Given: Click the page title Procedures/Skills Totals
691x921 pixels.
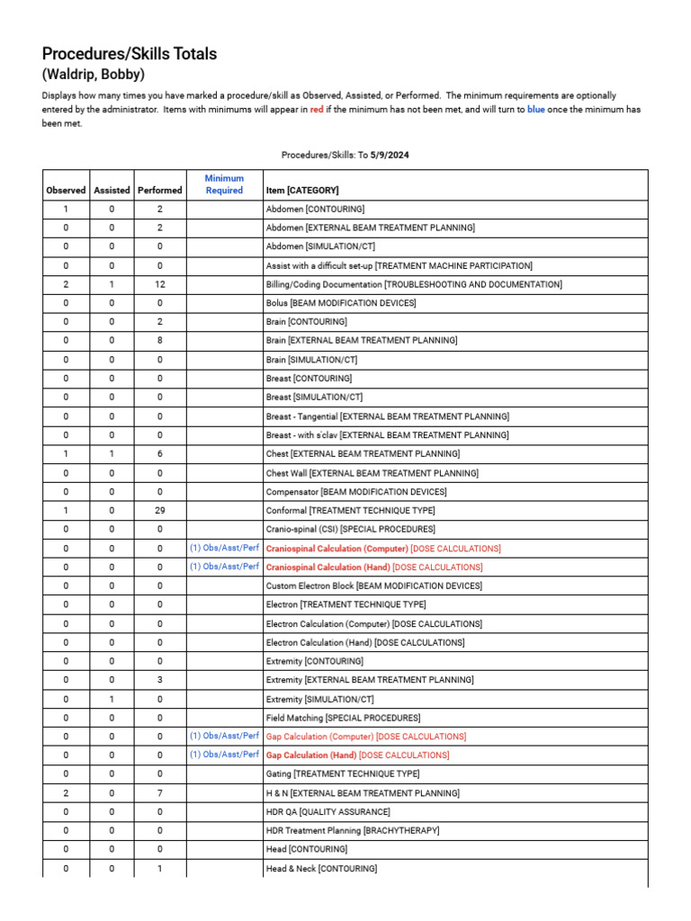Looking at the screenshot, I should pos(130,54).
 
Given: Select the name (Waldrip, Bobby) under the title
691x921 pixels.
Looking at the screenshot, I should pos(94,75).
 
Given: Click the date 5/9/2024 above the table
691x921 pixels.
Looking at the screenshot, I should pos(389,155).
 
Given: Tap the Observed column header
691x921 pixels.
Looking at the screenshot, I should pos(66,190).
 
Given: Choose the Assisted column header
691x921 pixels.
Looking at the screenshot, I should pos(112,190).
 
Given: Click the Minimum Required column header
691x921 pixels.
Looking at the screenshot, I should pos(224,184).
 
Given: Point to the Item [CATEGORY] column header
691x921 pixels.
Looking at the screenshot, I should pos(302,190).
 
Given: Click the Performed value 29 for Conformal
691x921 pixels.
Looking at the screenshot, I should pos(159,510).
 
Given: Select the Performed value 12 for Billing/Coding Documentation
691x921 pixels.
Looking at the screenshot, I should pos(159,284).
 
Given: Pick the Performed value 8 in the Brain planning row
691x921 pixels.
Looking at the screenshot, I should pos(159,341).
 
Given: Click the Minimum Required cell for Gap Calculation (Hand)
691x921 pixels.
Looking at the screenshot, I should pos(224,755).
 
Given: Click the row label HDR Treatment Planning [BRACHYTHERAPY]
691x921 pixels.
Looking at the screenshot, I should pos(353,831).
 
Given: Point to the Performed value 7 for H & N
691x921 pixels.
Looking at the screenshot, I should pos(159,793).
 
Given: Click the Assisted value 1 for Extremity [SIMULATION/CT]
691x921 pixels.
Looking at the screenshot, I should pos(112,699).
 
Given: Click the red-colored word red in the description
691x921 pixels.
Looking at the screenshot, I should pos(317,110).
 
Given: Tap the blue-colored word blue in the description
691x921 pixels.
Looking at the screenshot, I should pos(535,110).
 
